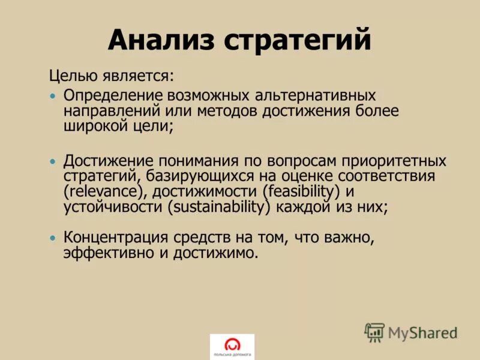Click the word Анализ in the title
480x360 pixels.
pyautogui.click(x=161, y=41)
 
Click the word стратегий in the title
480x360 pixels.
pyautogui.click(x=297, y=41)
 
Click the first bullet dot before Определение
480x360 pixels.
pyautogui.click(x=53, y=96)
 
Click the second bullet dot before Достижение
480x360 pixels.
pyautogui.click(x=53, y=162)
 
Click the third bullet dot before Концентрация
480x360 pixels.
pyautogui.click(x=53, y=238)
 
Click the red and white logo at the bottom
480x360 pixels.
pyautogui.click(x=232, y=346)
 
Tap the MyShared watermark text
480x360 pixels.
pyautogui.click(x=422, y=332)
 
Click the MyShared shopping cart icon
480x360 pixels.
pyautogui.click(x=374, y=332)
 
